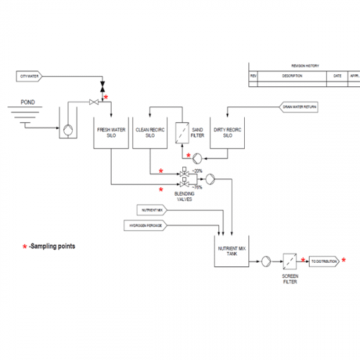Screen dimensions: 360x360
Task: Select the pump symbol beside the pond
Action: point(66,130)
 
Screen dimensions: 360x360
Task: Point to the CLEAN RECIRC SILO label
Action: point(149,132)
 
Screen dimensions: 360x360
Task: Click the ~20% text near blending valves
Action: point(197,171)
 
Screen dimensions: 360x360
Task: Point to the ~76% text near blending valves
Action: point(197,186)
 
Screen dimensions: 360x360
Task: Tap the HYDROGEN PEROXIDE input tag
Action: point(148,226)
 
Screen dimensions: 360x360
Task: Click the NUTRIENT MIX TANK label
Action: point(233,251)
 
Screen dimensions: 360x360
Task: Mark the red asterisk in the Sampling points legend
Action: point(24,247)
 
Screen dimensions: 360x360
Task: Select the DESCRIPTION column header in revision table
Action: point(292,75)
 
